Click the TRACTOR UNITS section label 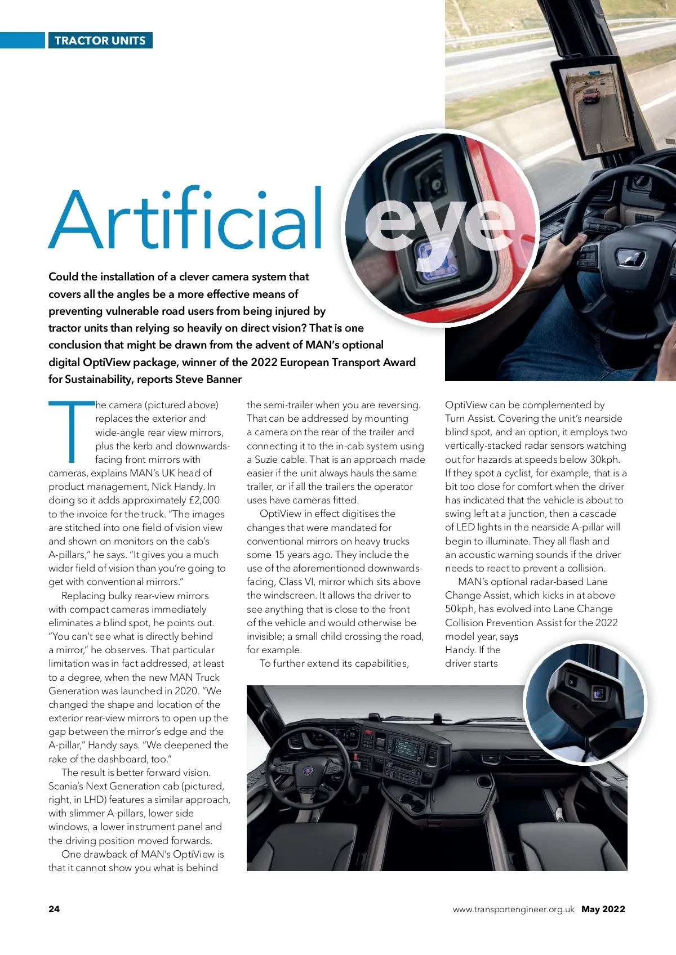pyautogui.click(x=100, y=41)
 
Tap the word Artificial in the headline pyautogui.click(x=186, y=220)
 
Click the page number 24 pyautogui.click(x=54, y=909)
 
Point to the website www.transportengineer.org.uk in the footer pyautogui.click(x=513, y=909)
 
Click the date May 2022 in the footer pyautogui.click(x=603, y=909)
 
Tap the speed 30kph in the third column pyautogui.click(x=604, y=459)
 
